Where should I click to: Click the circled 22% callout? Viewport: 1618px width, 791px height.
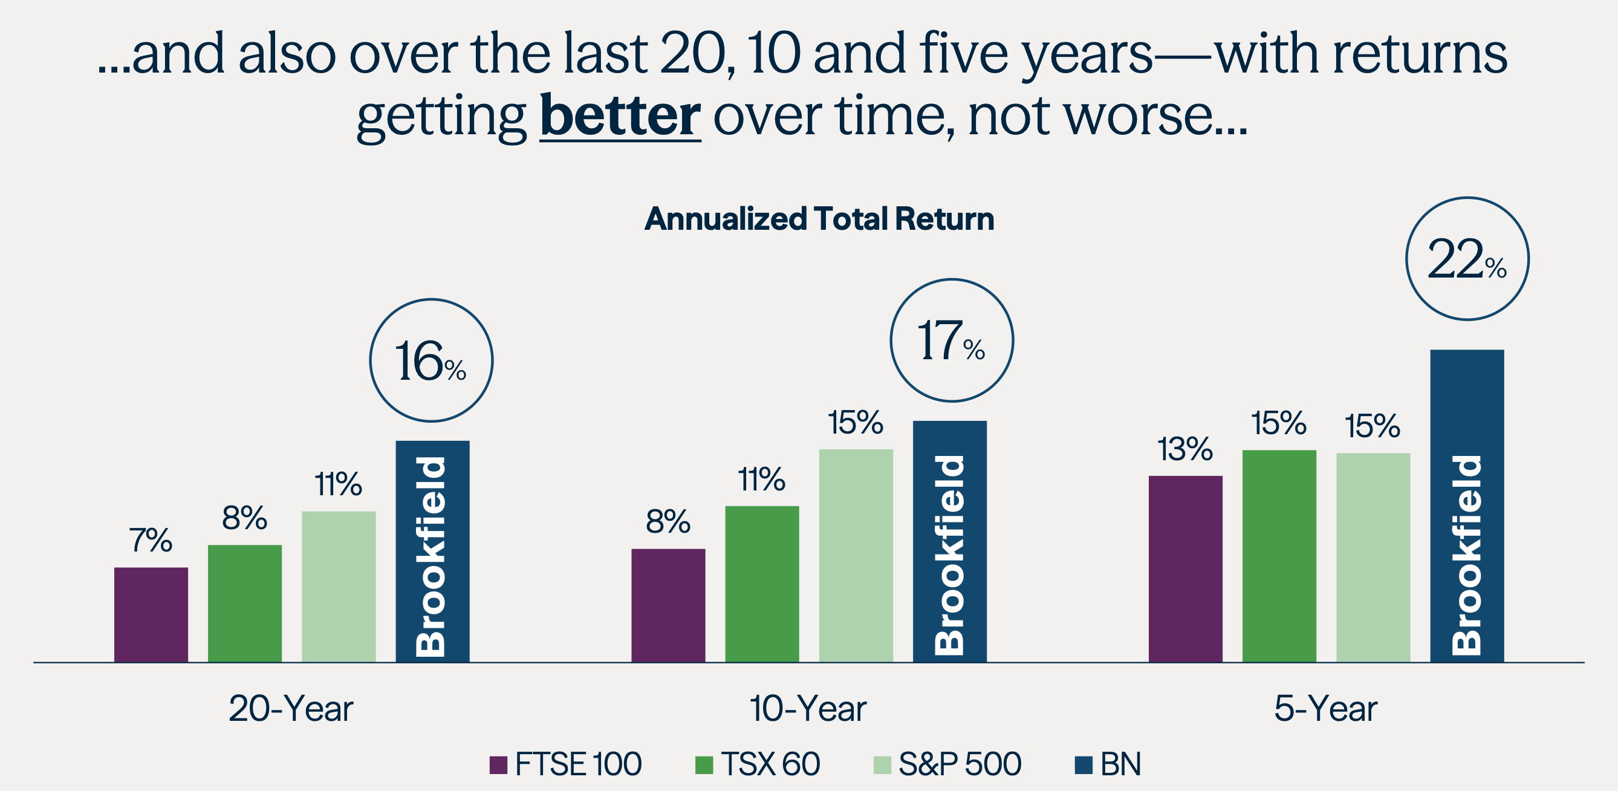1467,259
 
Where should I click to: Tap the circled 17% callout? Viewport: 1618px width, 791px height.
952,340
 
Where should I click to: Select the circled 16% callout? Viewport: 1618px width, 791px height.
431,360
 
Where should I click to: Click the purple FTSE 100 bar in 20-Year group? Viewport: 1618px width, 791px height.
151,614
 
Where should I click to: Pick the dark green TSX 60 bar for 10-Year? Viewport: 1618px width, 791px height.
762,584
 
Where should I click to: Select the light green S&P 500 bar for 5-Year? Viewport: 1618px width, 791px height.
1373,558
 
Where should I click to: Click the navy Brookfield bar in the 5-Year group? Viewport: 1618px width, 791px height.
1467,506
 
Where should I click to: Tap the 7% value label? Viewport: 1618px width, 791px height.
151,540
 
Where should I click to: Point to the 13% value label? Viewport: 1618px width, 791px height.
1184,449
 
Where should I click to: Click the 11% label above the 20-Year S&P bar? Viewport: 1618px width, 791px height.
338,484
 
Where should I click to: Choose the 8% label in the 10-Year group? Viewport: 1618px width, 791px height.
668,521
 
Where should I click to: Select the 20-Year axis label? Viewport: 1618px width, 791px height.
291,709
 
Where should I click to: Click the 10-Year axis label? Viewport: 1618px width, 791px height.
808,709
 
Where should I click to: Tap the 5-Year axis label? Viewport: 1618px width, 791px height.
1325,709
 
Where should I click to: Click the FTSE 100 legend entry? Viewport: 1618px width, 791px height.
565,764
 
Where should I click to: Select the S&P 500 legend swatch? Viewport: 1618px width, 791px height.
882,764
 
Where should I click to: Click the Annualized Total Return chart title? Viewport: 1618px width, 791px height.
819,219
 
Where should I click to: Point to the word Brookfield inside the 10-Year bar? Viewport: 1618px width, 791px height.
949,554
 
